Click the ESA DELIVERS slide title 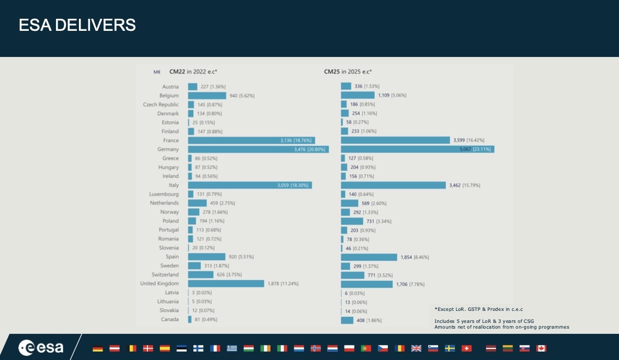[77, 25]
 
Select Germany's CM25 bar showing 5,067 [417, 149]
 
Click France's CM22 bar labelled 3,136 [251, 141]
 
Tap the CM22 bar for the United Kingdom [226, 284]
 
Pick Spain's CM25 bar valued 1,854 [369, 257]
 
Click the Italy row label [174, 185]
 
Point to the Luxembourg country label [164, 194]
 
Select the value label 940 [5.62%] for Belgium [242, 96]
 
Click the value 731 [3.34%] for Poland [379, 222]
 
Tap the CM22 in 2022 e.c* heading [193, 72]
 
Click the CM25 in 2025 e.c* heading [348, 72]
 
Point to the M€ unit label [157, 72]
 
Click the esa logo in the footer [41, 347]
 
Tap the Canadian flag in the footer [541, 349]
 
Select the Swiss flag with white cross [466, 349]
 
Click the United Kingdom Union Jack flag [416, 349]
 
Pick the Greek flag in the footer [232, 349]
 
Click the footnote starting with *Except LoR [478, 309]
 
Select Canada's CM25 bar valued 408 [347, 320]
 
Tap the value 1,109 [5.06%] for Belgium [392, 96]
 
